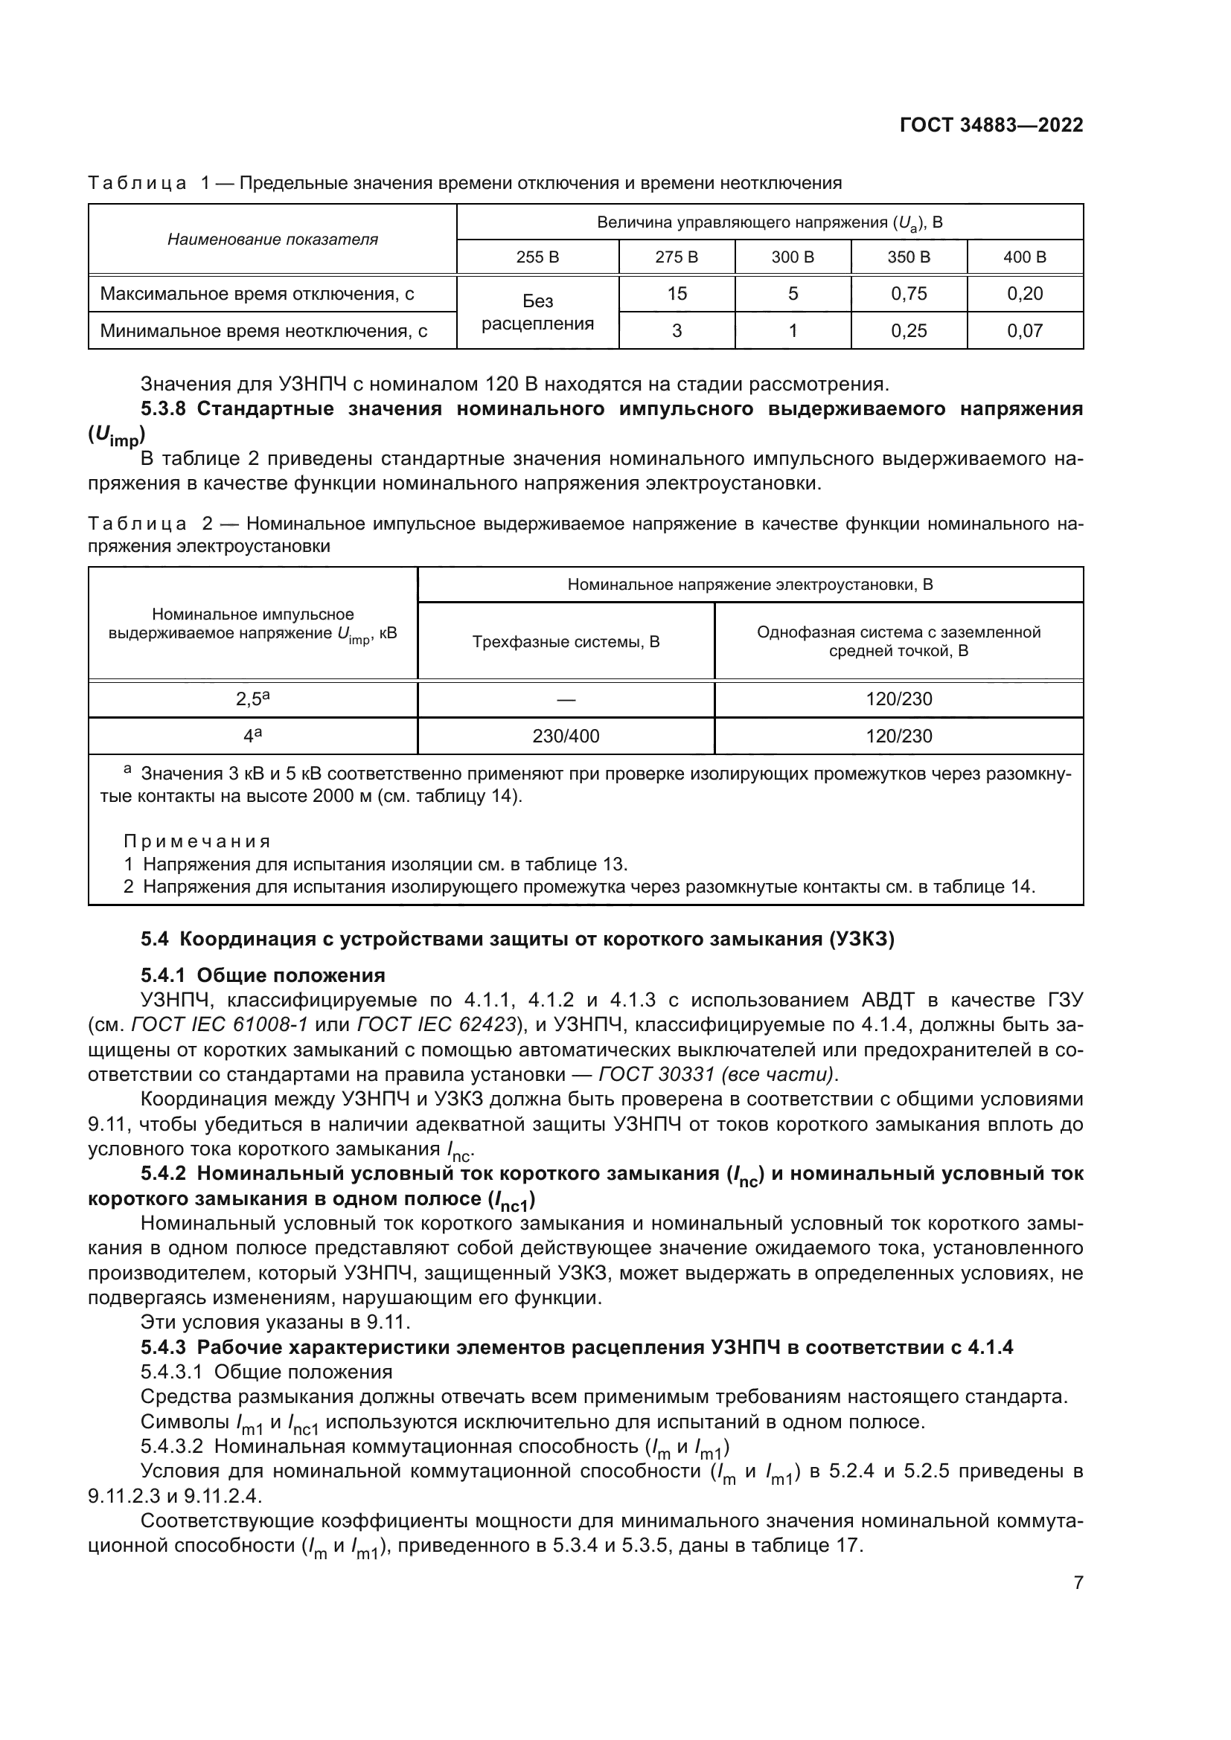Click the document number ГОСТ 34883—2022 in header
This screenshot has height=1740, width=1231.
tap(991, 126)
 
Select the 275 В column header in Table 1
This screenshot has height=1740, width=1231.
tap(676, 257)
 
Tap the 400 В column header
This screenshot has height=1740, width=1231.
tap(1025, 257)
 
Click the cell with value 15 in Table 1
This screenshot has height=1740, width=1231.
tap(676, 293)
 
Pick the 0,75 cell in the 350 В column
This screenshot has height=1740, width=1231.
tap(908, 293)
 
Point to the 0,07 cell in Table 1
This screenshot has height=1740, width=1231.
tap(1025, 330)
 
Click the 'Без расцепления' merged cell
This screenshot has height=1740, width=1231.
tap(537, 312)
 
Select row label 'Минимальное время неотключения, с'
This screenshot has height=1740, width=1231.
tap(263, 330)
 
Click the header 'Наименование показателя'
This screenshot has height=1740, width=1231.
tap(272, 240)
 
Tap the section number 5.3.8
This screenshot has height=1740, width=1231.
tap(164, 409)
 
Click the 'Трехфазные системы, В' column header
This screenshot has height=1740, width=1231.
tap(566, 642)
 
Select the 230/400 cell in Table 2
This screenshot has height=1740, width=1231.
tap(566, 736)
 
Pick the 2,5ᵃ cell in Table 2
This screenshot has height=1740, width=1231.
tap(252, 699)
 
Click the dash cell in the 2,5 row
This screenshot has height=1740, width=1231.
tap(566, 699)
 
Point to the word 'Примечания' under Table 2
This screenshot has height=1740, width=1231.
tap(197, 841)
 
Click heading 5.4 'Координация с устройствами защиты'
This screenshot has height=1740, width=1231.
tap(518, 940)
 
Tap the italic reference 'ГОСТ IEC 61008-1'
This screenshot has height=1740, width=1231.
tap(219, 1025)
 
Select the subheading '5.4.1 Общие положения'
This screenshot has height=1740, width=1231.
tap(263, 975)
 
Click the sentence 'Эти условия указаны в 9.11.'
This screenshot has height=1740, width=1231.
tap(275, 1323)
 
